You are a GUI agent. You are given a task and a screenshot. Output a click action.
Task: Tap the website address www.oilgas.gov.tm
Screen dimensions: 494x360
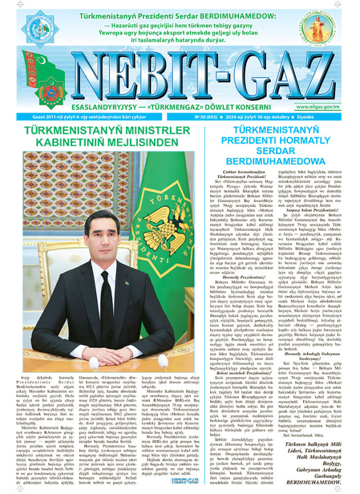pos(318,107)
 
